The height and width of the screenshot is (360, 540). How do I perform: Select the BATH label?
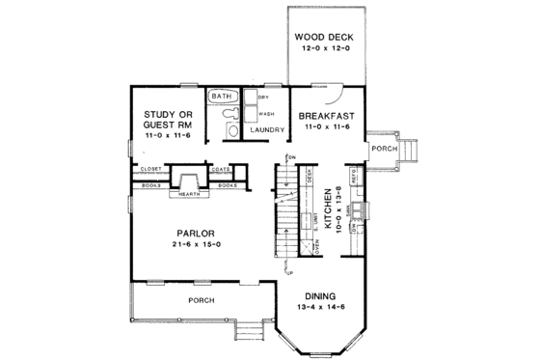click(x=222, y=97)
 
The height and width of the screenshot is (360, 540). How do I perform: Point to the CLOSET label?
click(x=150, y=169)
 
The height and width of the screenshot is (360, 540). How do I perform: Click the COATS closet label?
click(x=220, y=169)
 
